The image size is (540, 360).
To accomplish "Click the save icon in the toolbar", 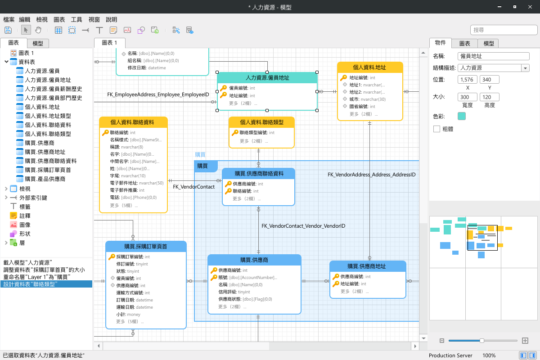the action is [x=8, y=30].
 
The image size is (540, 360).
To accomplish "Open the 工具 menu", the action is [x=76, y=19].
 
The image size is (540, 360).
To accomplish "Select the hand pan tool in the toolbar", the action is [x=38, y=30].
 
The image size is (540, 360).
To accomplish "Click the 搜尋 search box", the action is [x=504, y=30].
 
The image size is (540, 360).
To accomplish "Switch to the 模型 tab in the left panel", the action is [x=38, y=43].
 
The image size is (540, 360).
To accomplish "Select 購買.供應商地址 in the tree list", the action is [x=45, y=152].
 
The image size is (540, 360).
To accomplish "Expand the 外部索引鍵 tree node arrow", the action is [x=6, y=198].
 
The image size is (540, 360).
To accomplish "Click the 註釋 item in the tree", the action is [x=25, y=216].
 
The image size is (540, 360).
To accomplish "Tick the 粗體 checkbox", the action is [x=436, y=129].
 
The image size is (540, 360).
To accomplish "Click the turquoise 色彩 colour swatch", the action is [x=461, y=116].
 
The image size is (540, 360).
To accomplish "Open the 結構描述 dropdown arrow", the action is [x=525, y=68].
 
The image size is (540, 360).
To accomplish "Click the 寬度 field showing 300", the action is [x=467, y=97].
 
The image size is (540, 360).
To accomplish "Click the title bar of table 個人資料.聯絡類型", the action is [x=261, y=122].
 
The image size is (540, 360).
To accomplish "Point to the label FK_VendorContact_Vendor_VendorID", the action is [x=303, y=226].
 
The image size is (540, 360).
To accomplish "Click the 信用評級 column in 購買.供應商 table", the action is [x=234, y=292].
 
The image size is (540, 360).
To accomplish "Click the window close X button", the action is [x=530, y=7].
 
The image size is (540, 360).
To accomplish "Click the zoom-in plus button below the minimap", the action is [x=525, y=341].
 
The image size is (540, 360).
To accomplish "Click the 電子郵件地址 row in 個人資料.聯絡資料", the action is [x=137, y=183].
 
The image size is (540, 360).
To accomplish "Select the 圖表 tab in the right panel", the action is [x=464, y=43].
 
